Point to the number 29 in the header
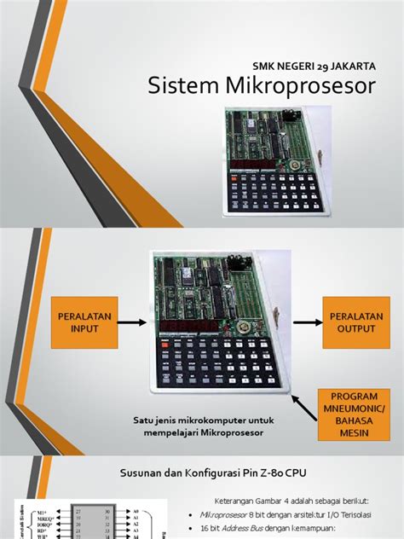(295, 65)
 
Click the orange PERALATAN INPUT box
(83, 322)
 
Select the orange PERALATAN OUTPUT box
(351, 322)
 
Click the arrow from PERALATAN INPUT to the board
(134, 322)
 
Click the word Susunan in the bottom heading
(138, 471)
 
